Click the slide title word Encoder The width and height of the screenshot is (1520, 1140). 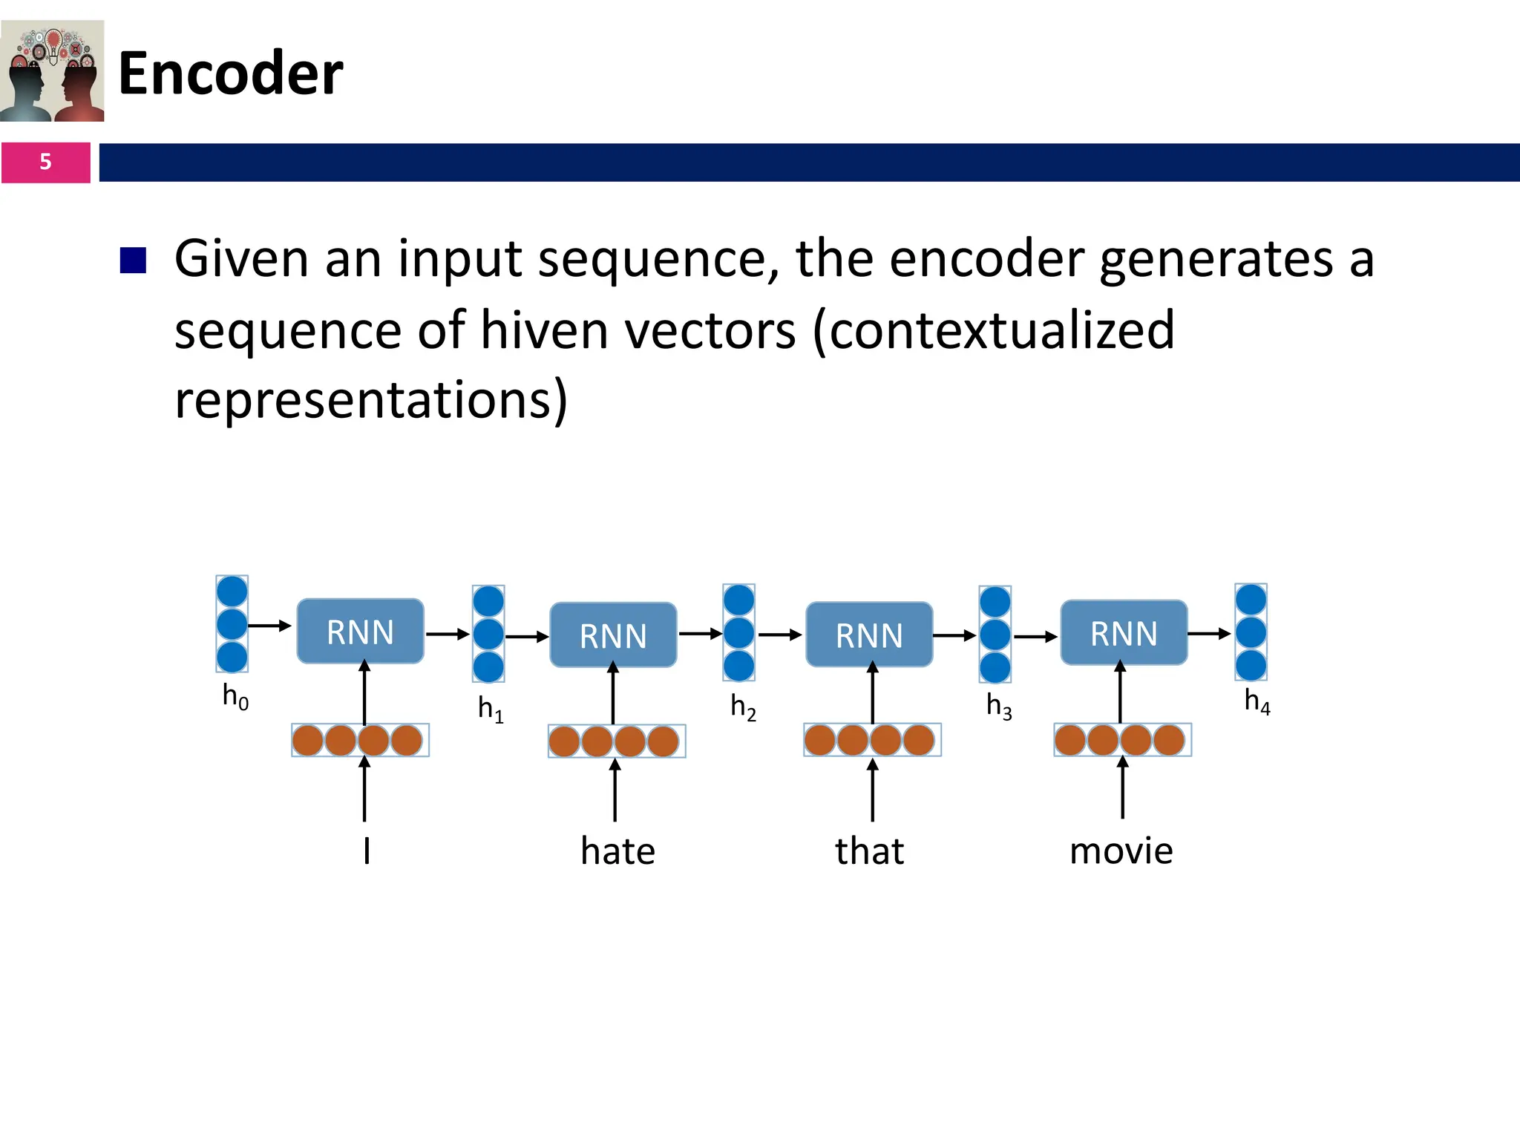[x=230, y=73]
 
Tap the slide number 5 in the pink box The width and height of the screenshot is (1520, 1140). [x=45, y=162]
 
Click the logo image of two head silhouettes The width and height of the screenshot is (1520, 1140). [x=52, y=71]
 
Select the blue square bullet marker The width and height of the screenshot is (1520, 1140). [x=133, y=260]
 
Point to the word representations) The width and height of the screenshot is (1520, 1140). [x=371, y=400]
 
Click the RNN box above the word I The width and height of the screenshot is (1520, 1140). [x=360, y=632]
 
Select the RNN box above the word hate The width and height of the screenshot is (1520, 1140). [x=613, y=635]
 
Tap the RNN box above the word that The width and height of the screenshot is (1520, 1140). [x=869, y=635]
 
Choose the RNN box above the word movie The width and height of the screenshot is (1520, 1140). [x=1124, y=633]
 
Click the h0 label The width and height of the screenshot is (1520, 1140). [x=235, y=697]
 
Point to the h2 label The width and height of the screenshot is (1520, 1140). [x=743, y=707]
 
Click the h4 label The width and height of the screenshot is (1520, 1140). [x=1257, y=701]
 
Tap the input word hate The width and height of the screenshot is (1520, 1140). [x=617, y=851]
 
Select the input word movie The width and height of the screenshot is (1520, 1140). [x=1121, y=851]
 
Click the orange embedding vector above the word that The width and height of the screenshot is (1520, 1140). [x=872, y=740]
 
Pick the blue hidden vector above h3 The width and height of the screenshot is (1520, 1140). [x=995, y=634]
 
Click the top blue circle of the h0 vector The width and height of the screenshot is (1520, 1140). [x=232, y=592]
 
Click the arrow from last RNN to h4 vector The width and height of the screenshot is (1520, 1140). [x=1209, y=634]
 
